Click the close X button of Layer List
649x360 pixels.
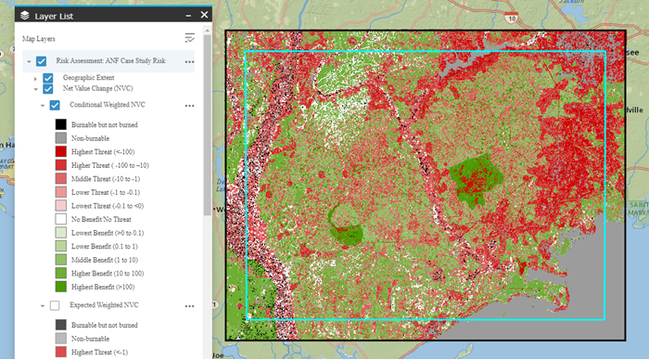203,15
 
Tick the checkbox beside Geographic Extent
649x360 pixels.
47,78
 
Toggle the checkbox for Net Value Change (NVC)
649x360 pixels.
47,89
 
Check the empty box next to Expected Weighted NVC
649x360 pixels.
55,305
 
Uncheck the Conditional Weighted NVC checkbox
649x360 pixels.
55,105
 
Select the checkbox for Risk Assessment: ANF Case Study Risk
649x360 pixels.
42,61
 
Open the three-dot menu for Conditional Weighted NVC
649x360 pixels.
189,105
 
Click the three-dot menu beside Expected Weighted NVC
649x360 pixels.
189,305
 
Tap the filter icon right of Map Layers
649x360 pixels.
190,38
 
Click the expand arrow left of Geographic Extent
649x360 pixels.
35,78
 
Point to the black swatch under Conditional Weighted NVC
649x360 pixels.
59,123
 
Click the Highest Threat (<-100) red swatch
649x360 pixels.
59,150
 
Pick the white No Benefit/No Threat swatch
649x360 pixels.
59,218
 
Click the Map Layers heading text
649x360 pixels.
40,39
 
